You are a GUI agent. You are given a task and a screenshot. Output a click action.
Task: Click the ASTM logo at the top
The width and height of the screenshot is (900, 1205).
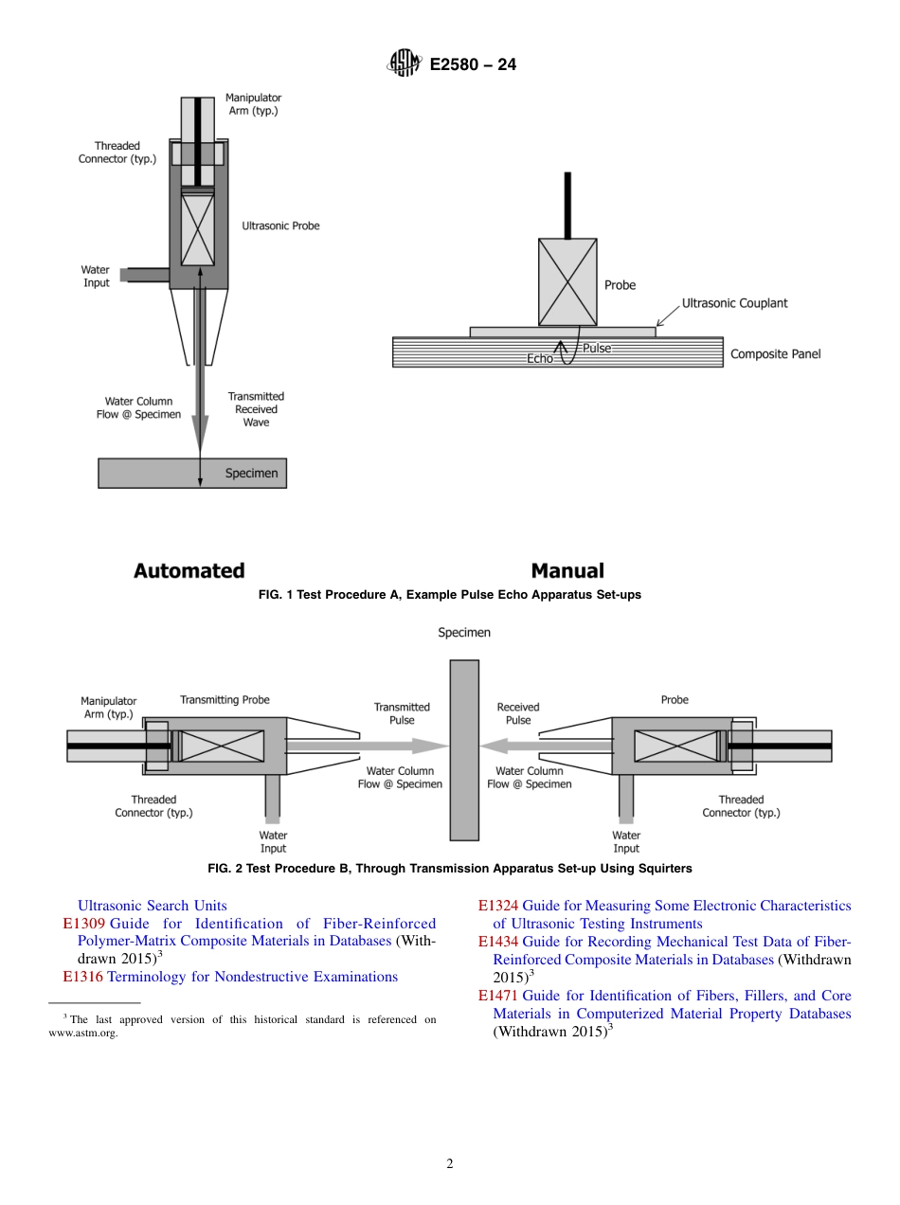[x=404, y=64]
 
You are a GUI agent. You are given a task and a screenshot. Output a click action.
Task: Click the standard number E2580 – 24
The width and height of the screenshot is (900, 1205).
[x=473, y=64]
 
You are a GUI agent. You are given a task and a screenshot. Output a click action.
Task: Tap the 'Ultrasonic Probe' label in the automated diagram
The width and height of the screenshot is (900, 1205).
[x=280, y=226]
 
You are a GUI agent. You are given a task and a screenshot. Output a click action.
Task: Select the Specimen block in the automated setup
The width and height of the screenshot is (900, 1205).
[x=192, y=473]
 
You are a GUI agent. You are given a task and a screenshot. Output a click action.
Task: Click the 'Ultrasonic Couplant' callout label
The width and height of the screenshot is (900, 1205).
[x=734, y=303]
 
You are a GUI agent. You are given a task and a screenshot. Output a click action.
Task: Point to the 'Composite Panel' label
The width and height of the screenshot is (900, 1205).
[x=775, y=354]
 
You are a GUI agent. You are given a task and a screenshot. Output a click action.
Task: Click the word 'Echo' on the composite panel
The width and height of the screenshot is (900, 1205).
[x=539, y=359]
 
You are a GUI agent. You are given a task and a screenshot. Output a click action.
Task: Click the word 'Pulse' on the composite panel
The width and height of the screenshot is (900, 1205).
[x=596, y=348]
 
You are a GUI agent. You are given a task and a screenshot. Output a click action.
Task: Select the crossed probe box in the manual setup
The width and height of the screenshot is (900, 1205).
[x=567, y=281]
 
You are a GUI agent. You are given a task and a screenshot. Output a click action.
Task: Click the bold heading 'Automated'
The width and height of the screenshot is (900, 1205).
[x=189, y=570]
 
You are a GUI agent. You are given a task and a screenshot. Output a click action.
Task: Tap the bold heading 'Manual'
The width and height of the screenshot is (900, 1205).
[x=567, y=570]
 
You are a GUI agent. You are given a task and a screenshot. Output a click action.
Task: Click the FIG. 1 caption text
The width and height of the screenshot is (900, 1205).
[x=450, y=595]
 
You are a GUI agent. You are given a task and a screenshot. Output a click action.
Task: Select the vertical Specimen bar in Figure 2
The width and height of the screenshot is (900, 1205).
[x=464, y=749]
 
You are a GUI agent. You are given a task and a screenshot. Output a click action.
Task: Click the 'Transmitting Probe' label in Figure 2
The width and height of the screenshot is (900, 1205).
[x=225, y=700]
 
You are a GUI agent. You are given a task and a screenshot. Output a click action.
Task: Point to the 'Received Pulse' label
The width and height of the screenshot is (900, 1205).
[x=518, y=713]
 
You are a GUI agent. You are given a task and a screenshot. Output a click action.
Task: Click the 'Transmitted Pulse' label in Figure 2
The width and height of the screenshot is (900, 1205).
[x=402, y=713]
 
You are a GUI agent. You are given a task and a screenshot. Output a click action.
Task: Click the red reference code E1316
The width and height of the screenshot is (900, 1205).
[x=82, y=977]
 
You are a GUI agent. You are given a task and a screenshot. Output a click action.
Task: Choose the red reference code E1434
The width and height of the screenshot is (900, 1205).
[x=497, y=942]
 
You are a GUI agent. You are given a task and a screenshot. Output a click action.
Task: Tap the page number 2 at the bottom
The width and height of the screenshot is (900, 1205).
[x=450, y=1164]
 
